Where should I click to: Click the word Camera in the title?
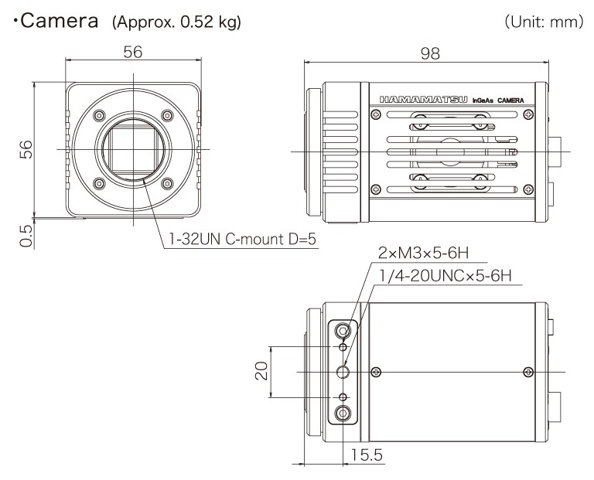pyautogui.click(x=59, y=21)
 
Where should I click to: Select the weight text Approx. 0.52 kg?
pyautogui.click(x=176, y=22)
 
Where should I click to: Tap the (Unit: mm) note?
pyautogui.click(x=544, y=22)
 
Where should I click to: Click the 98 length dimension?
pyautogui.click(x=430, y=53)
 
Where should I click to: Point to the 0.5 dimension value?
pyautogui.click(x=26, y=236)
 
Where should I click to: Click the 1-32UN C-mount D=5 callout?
pyautogui.click(x=242, y=240)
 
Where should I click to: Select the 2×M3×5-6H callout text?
pyautogui.click(x=424, y=253)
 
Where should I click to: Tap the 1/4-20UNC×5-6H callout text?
pyautogui.click(x=445, y=276)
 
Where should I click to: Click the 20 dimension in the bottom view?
pyautogui.click(x=261, y=371)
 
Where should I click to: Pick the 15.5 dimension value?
pyautogui.click(x=367, y=454)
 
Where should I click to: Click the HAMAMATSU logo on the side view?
pyautogui.click(x=424, y=100)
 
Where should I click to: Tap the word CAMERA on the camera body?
pyautogui.click(x=510, y=100)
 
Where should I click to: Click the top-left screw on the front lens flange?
pyautogui.click(x=99, y=115)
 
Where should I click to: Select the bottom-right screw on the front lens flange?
pyautogui.click(x=167, y=184)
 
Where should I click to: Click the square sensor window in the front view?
pyautogui.click(x=133, y=149)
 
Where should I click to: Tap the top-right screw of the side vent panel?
pyautogui.click(x=527, y=114)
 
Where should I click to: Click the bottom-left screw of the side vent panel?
pyautogui.click(x=375, y=189)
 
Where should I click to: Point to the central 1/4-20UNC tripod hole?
pyautogui.click(x=343, y=372)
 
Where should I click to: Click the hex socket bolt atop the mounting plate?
pyautogui.click(x=343, y=332)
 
